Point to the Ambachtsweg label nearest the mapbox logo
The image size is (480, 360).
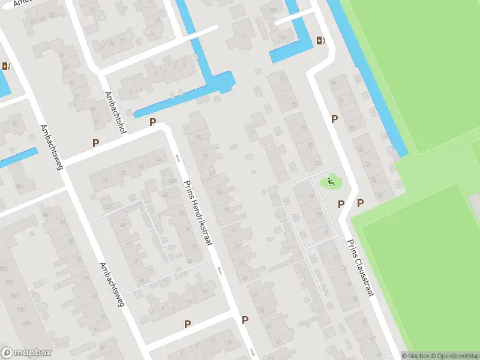[112, 284]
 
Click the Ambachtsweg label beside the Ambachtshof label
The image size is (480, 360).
[51, 147]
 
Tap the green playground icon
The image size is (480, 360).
[331, 182]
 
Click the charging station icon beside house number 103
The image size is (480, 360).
[320, 41]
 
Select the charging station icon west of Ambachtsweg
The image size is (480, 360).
[6, 67]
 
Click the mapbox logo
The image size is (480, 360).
[26, 353]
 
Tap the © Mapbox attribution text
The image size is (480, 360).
[416, 356]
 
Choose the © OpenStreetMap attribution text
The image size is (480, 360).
[455, 356]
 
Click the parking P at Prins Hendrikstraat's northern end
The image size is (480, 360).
[153, 122]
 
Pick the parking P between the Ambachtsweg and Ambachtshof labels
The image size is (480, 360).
[95, 143]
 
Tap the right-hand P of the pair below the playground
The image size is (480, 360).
[361, 203]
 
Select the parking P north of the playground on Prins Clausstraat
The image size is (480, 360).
[334, 119]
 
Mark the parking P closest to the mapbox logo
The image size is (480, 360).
[187, 324]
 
